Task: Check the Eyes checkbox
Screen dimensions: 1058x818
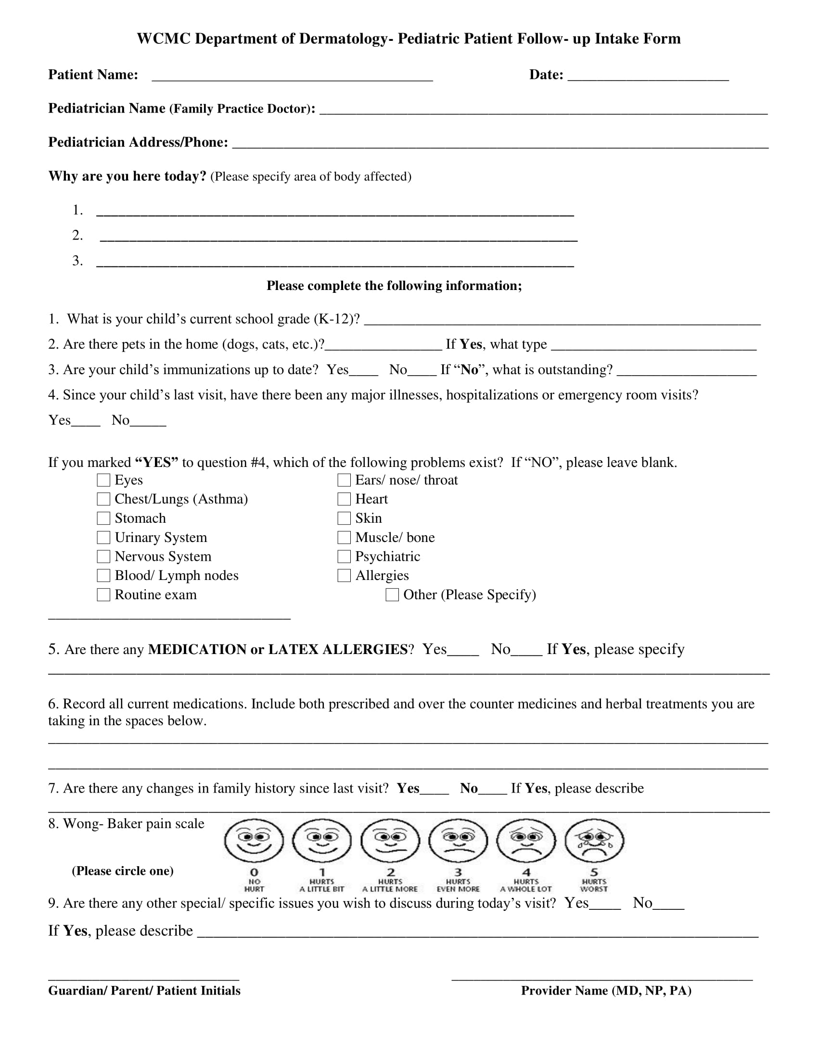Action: pyautogui.click(x=103, y=480)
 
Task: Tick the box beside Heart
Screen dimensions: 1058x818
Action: pyautogui.click(x=344, y=499)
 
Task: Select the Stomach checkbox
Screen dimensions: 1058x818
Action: pyautogui.click(x=103, y=518)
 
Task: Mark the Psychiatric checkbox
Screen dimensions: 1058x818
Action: pyautogui.click(x=344, y=556)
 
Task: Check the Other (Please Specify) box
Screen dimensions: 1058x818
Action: pyautogui.click(x=392, y=594)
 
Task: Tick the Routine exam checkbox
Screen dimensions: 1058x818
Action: pyautogui.click(x=103, y=594)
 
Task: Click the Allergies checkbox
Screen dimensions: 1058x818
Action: pyautogui.click(x=344, y=576)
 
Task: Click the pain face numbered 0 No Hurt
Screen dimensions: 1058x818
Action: pyautogui.click(x=254, y=841)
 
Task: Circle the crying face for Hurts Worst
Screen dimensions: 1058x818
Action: pyautogui.click(x=594, y=841)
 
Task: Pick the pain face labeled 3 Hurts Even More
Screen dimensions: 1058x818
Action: pyautogui.click(x=458, y=841)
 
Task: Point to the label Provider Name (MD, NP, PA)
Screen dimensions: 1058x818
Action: pyautogui.click(x=606, y=991)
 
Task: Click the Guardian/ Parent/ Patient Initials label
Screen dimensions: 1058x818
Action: pyautogui.click(x=144, y=991)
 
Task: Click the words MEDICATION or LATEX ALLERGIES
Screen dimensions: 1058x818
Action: pyautogui.click(x=278, y=649)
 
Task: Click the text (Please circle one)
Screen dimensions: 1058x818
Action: pyautogui.click(x=123, y=870)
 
